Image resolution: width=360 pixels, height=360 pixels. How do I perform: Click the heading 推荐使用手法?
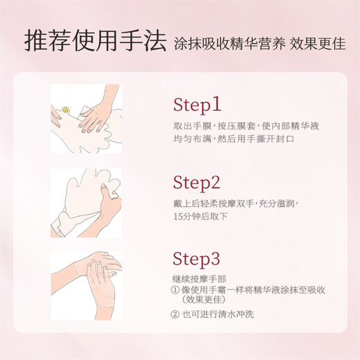coord(95,42)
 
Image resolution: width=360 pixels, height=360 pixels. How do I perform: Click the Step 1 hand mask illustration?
coord(86,119)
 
